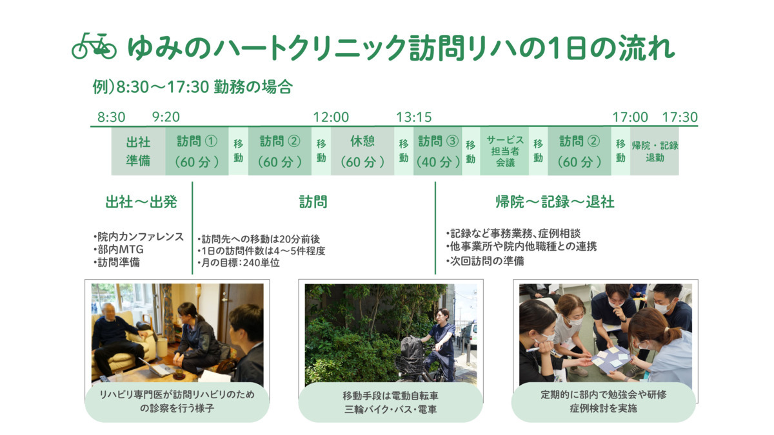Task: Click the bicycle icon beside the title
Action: (x=94, y=46)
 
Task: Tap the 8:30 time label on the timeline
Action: (x=111, y=117)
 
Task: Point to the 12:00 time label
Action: (x=331, y=117)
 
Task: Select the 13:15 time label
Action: (x=413, y=117)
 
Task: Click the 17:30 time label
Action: (x=680, y=117)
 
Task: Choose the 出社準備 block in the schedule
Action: (x=138, y=151)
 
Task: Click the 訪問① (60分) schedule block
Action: (x=197, y=151)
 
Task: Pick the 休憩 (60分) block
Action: (x=362, y=151)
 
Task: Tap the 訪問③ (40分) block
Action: (x=437, y=151)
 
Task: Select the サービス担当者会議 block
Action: (x=505, y=151)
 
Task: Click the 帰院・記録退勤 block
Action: (x=654, y=151)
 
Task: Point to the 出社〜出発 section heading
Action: (x=141, y=202)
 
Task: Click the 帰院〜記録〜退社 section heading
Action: (x=554, y=202)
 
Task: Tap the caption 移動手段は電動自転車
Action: (x=390, y=395)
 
